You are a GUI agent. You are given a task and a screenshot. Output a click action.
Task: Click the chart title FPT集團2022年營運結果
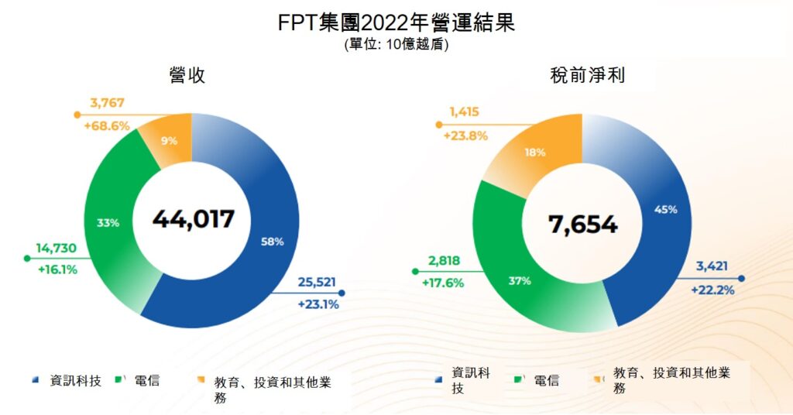pos(396,22)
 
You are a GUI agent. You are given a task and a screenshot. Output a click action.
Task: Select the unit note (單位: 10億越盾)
pos(396,45)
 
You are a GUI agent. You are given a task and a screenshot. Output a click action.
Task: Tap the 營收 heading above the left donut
pos(187,75)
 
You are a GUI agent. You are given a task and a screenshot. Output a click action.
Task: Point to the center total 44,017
pos(193,219)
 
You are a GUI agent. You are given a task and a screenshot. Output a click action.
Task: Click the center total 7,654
pos(582,225)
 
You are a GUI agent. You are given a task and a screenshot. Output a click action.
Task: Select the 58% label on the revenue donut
pos(273,242)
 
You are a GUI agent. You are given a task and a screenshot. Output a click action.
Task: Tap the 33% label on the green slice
pos(108,223)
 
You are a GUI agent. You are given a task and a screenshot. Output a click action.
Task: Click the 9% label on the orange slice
pos(169,141)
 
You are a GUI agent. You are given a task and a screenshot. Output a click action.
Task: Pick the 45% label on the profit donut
pos(666,209)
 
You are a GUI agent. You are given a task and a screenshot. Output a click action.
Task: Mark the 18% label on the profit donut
pos(534,153)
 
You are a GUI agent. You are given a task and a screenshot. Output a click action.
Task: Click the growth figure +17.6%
pos(442,283)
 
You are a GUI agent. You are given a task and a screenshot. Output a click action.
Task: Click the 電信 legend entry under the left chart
pos(146,380)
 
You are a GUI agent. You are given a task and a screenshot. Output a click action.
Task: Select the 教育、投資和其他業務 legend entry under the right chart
pos(671,379)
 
